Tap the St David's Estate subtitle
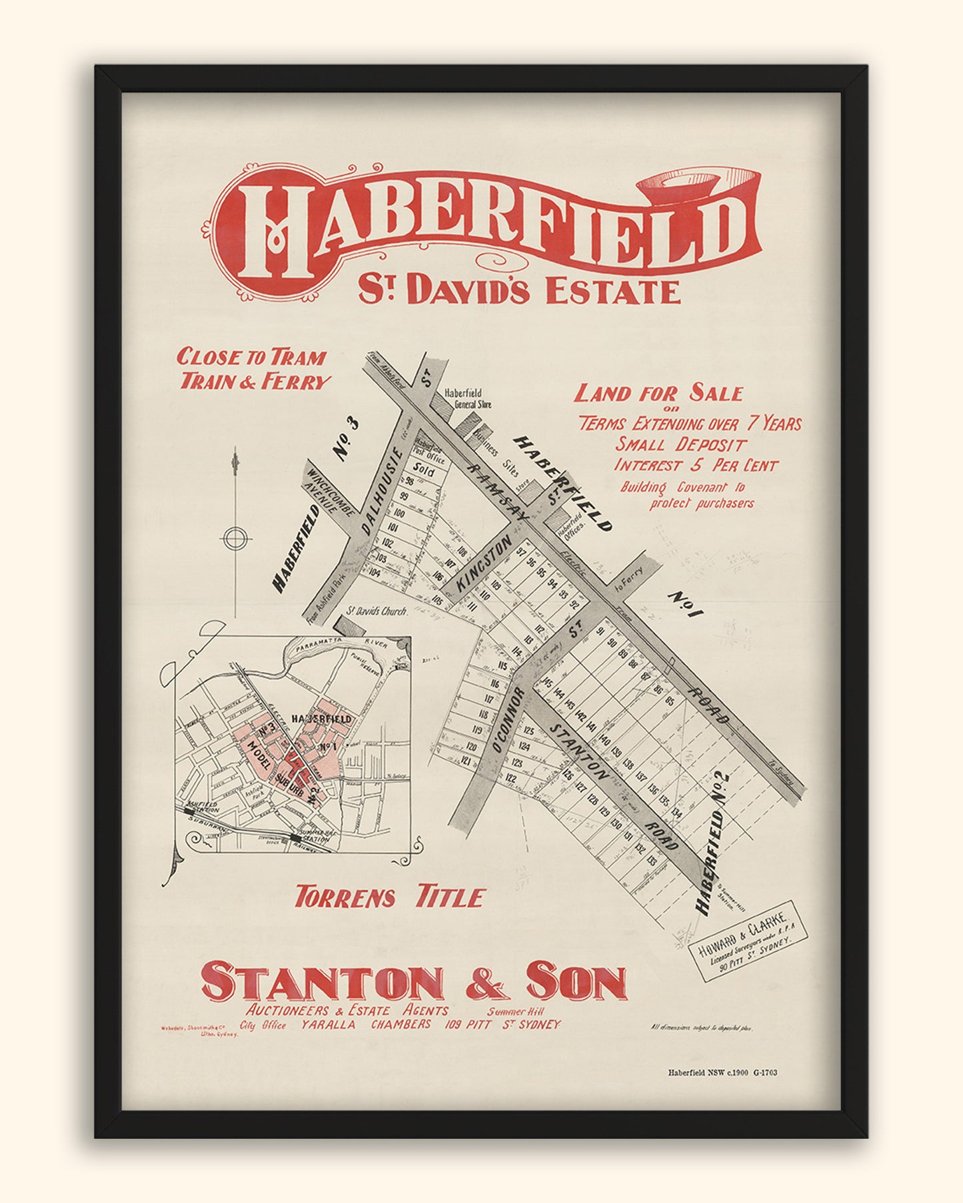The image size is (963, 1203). pos(519,291)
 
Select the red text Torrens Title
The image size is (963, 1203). pos(389,897)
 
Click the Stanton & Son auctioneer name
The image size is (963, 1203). pos(414,983)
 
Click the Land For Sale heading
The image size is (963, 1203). pos(658,393)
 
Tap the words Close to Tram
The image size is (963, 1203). pos(251,357)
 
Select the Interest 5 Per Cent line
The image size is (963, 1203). pos(695,465)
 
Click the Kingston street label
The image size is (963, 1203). pos(485,566)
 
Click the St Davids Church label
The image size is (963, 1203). pos(377,610)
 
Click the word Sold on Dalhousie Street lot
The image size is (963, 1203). pos(424,471)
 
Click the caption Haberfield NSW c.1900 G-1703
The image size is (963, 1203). pos(722,1072)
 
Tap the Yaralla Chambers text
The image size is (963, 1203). pos(366,1024)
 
